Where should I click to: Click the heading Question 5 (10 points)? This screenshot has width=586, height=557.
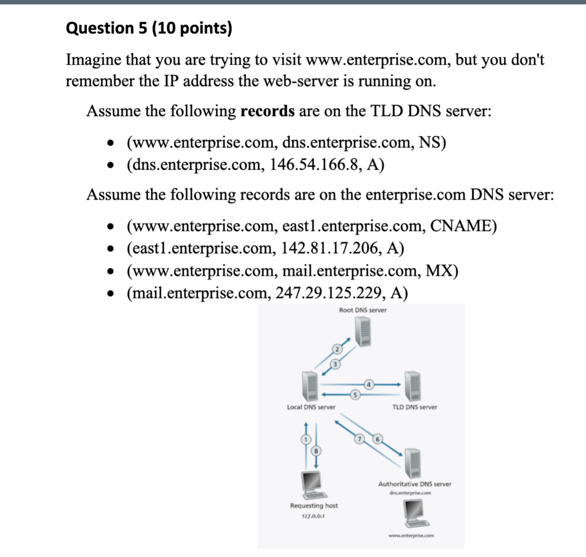(149, 29)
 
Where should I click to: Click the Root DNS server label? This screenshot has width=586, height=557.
(362, 311)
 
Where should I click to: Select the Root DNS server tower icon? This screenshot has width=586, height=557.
(362, 332)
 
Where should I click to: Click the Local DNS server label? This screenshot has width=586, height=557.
(311, 407)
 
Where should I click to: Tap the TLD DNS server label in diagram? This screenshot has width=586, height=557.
(414, 407)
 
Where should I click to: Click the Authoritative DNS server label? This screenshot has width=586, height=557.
(414, 484)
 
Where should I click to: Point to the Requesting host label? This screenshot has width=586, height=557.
(314, 506)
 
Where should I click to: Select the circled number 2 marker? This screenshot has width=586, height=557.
(338, 349)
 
